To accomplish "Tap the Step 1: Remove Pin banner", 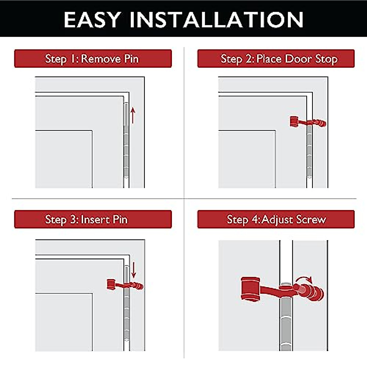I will [x=93, y=58].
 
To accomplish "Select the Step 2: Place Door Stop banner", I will [x=276, y=58].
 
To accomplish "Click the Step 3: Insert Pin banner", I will [x=93, y=219].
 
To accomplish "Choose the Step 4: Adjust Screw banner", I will [x=276, y=219].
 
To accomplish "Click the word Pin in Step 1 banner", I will [x=131, y=58].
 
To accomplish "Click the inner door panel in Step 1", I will [x=64, y=159].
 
